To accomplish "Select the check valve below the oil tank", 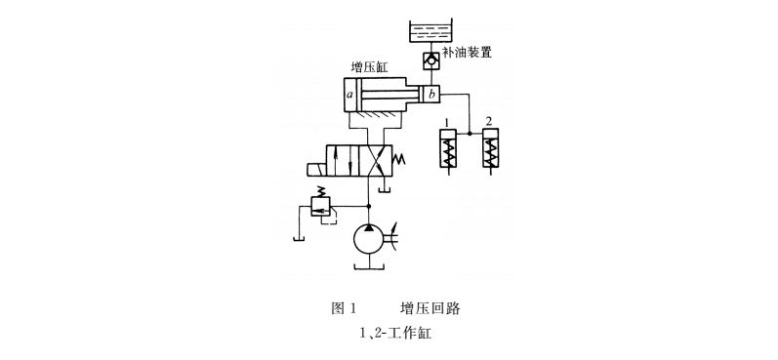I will pyautogui.click(x=430, y=61).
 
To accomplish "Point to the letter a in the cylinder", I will pyautogui.click(x=350, y=96).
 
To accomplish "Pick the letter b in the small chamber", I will pyautogui.click(x=430, y=95).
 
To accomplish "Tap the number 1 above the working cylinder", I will pyautogui.click(x=446, y=121).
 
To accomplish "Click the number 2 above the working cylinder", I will pyautogui.click(x=489, y=121).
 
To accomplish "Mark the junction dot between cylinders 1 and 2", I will pyautogui.click(x=470, y=133).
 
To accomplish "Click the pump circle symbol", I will pyautogui.click(x=369, y=238).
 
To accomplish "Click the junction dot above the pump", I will pyautogui.click(x=369, y=206).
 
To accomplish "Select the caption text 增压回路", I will pyautogui.click(x=430, y=308).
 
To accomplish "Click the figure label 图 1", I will pyautogui.click(x=343, y=308).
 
